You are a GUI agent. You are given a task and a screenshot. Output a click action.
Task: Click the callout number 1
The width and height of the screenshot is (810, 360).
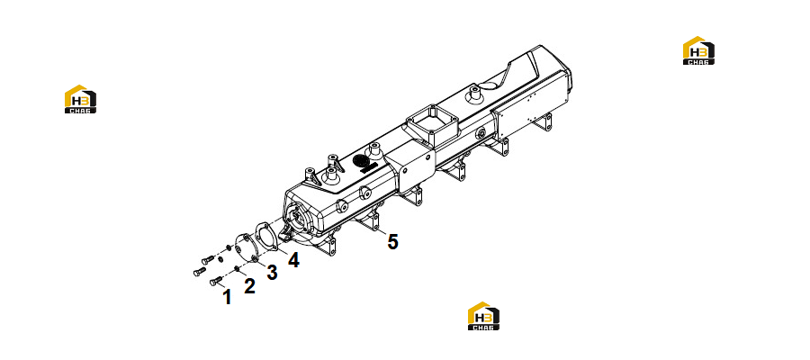227,297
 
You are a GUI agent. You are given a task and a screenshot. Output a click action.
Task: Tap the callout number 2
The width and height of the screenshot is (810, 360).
249,285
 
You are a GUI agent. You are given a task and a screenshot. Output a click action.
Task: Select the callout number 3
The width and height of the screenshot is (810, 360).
272,272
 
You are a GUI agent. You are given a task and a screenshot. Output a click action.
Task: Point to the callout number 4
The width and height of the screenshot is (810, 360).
293,260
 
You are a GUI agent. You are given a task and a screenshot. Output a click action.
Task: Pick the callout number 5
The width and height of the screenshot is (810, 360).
393,241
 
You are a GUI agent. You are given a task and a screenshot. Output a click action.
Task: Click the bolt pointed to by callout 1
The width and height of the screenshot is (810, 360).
216,282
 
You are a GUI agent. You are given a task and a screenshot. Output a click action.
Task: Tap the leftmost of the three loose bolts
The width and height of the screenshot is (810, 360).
200,271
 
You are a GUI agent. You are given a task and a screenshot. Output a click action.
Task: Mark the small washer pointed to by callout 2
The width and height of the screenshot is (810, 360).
236,268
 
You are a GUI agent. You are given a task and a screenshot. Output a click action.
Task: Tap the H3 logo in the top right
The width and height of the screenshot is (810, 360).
698,50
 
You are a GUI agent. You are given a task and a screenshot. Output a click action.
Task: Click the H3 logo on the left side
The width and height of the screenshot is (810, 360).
80,99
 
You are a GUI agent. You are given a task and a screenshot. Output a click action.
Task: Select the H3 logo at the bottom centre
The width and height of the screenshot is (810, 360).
483,316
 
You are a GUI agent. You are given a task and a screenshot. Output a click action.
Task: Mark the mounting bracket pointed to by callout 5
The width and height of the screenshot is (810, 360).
371,222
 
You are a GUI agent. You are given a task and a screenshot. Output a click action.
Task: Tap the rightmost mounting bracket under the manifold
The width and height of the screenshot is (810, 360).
544,121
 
